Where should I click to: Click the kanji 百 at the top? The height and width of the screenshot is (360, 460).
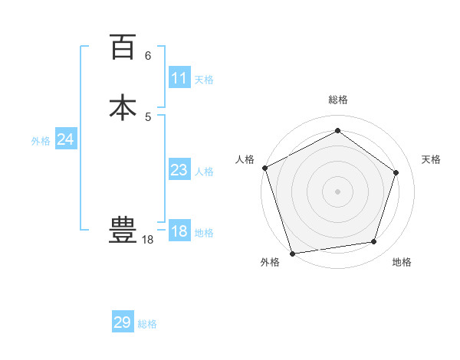click(123, 47)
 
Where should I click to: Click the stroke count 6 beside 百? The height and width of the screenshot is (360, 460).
click(148, 56)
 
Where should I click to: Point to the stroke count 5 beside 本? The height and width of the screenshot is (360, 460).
click(148, 116)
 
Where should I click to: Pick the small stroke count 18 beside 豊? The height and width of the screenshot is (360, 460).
click(148, 240)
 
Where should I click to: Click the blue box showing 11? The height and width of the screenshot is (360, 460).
click(179, 78)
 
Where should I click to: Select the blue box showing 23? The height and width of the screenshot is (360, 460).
click(179, 170)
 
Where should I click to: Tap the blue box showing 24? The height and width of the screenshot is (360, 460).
click(66, 139)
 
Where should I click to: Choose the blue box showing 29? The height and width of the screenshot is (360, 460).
click(123, 322)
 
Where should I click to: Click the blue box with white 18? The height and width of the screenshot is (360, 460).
click(179, 231)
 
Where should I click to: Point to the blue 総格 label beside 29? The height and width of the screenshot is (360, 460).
click(147, 324)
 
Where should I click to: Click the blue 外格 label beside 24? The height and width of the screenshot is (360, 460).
click(41, 141)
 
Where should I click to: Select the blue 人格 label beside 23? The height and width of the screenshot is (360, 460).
click(204, 172)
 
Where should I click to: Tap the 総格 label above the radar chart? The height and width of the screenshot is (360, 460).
click(337, 100)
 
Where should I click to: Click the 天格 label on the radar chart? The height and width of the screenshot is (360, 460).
click(431, 159)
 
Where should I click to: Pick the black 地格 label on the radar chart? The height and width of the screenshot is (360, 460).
click(402, 263)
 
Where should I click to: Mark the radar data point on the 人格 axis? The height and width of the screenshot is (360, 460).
click(264, 168)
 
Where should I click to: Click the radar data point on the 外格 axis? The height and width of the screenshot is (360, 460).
click(292, 252)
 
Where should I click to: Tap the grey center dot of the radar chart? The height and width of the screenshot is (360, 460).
click(337, 191)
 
